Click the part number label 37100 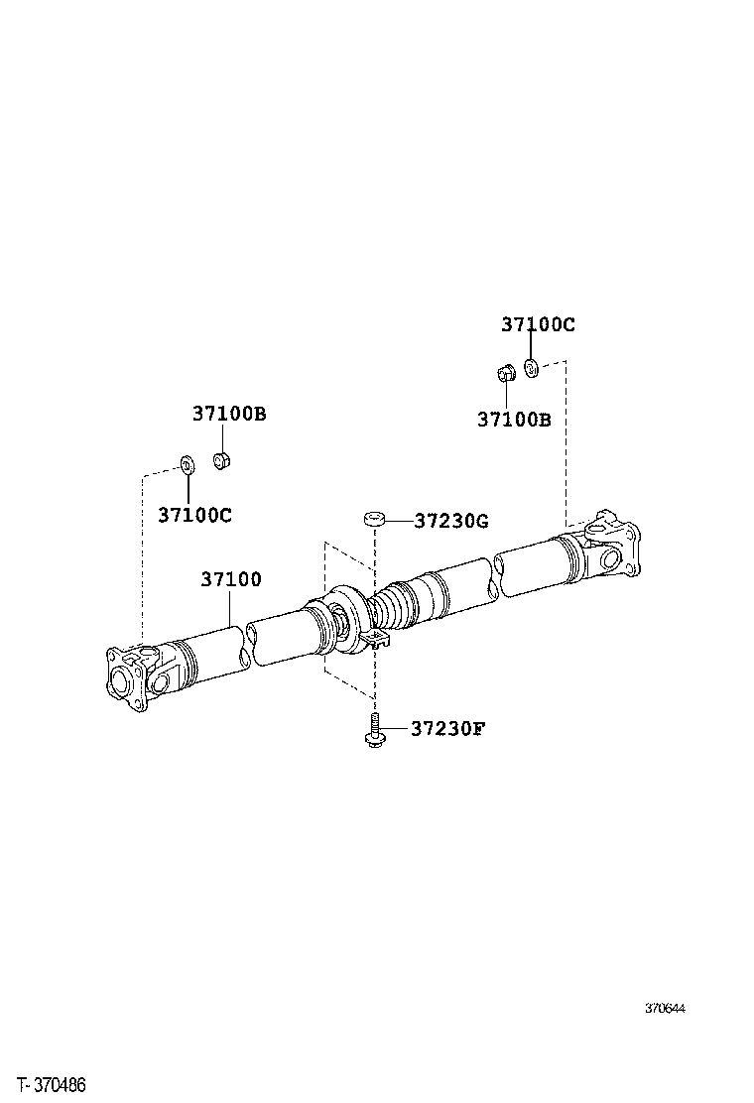231,579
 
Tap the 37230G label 451,521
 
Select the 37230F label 447,729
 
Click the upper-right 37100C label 538,324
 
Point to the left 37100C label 194,515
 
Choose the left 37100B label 229,414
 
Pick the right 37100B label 514,420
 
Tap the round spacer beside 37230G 374,519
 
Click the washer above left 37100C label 187,462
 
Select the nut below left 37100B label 223,461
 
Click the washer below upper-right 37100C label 531,369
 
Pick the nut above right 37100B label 503,374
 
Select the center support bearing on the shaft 344,620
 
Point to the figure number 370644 665,1009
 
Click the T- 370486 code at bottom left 51,1086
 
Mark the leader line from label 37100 233,609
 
